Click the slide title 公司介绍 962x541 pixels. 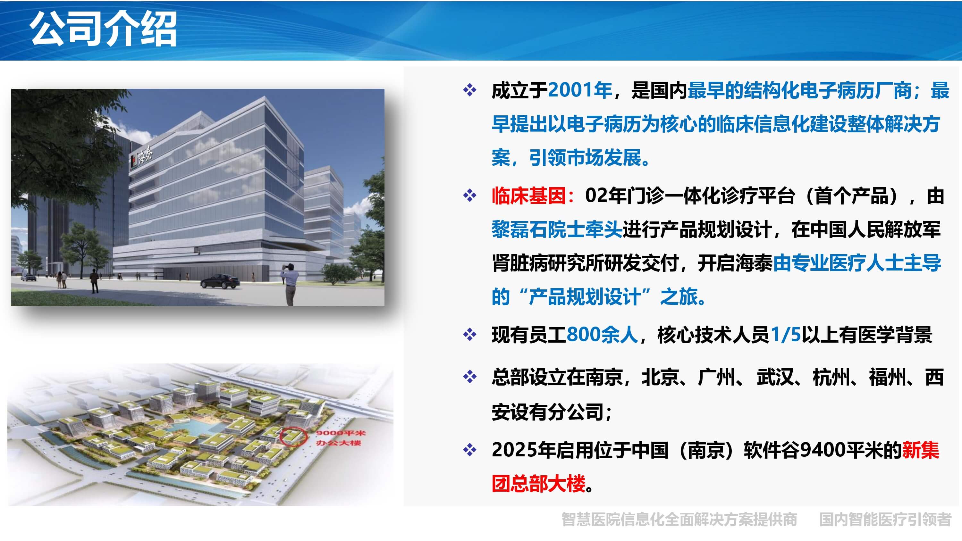pos(104,29)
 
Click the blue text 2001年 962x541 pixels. pos(580,90)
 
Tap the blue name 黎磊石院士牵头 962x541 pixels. pos(557,229)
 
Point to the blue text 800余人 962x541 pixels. pos(602,335)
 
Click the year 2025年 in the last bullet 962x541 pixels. pos(524,450)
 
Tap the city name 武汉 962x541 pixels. pos(775,377)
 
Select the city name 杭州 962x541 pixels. pos(831,377)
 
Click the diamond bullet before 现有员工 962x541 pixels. pos(470,335)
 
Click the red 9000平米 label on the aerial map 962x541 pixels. pos(341,433)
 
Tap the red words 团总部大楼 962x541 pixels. pos(538,484)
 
